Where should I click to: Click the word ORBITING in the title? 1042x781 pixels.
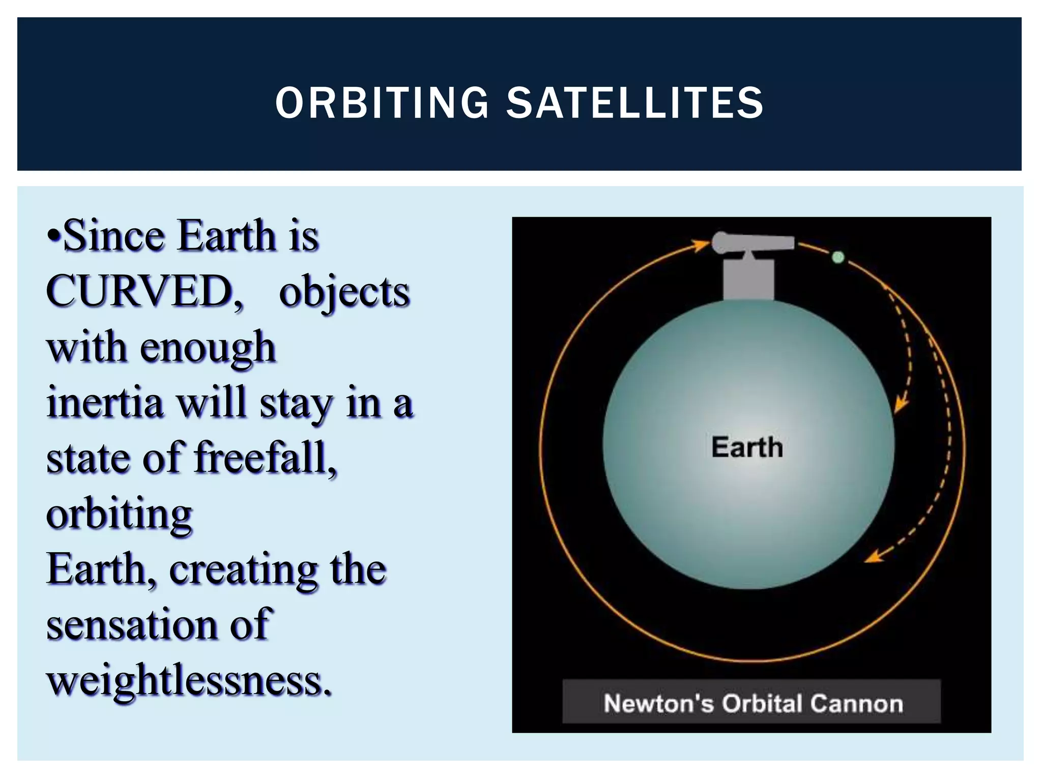382,103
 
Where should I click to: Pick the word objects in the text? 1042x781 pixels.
344,293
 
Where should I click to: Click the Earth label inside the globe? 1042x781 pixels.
746,447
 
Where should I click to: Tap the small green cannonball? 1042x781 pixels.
837,257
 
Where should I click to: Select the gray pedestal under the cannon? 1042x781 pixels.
748,280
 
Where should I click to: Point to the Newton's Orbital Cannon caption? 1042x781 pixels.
752,703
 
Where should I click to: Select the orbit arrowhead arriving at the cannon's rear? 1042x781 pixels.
702,245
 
